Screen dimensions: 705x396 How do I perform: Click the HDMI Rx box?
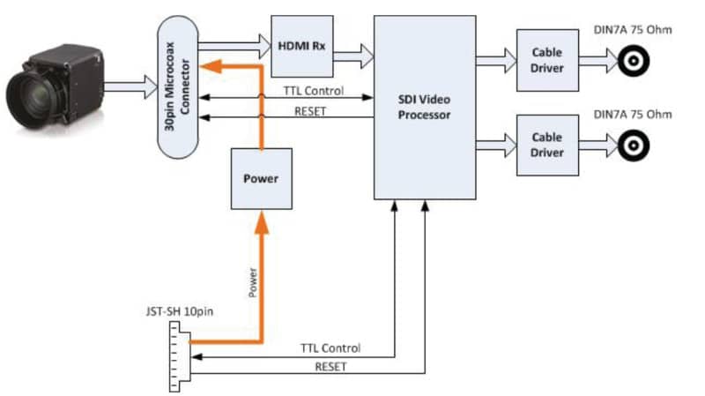point(301,47)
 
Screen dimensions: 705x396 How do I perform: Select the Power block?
point(261,179)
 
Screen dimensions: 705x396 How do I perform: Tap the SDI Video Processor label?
point(424,107)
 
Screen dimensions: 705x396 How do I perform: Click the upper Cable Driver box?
point(547,60)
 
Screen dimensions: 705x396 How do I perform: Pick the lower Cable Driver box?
point(547,145)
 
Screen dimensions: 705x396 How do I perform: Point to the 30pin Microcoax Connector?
point(178,86)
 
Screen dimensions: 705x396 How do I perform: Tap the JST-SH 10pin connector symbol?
point(180,356)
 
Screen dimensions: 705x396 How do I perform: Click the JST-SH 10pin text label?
point(180,311)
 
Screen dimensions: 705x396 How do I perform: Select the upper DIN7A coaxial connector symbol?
point(634,61)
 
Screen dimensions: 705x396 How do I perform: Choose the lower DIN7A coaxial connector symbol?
point(634,146)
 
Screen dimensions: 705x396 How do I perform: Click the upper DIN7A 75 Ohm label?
point(633,30)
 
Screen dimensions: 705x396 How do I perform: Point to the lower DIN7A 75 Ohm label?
point(633,115)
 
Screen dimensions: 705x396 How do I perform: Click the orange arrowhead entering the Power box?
point(261,222)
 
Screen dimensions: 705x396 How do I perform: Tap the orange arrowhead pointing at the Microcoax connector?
point(211,66)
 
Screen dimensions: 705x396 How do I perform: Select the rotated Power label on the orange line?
point(253,282)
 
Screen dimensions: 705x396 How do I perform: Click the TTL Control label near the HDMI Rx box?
point(314,91)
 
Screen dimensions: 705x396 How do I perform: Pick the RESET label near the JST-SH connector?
point(330,367)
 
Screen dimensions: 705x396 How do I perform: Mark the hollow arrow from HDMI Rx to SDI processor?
point(353,56)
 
